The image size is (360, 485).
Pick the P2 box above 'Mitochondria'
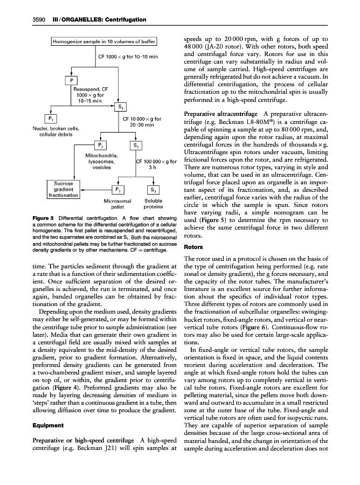(x=99, y=145)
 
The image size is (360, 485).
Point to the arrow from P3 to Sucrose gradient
(x=94, y=190)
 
